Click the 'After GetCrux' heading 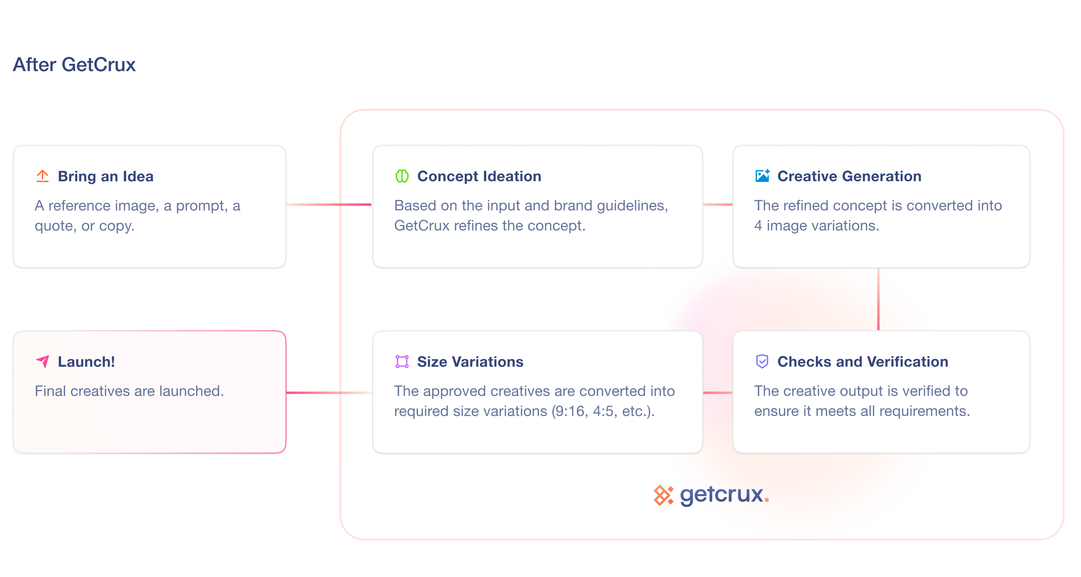pyautogui.click(x=74, y=64)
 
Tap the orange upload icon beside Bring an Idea pyautogui.click(x=42, y=176)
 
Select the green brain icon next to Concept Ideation pyautogui.click(x=401, y=176)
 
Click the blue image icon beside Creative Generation pyautogui.click(x=762, y=176)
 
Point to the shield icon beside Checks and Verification pyautogui.click(x=762, y=361)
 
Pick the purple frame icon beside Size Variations pyautogui.click(x=401, y=361)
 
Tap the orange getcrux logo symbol pyautogui.click(x=663, y=495)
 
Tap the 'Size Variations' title pyautogui.click(x=470, y=361)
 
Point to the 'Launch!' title pyautogui.click(x=86, y=361)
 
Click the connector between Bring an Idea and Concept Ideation pyautogui.click(x=329, y=205)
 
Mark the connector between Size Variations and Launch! pyautogui.click(x=329, y=392)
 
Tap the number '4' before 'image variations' pyautogui.click(x=758, y=226)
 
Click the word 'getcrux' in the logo pyautogui.click(x=721, y=495)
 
